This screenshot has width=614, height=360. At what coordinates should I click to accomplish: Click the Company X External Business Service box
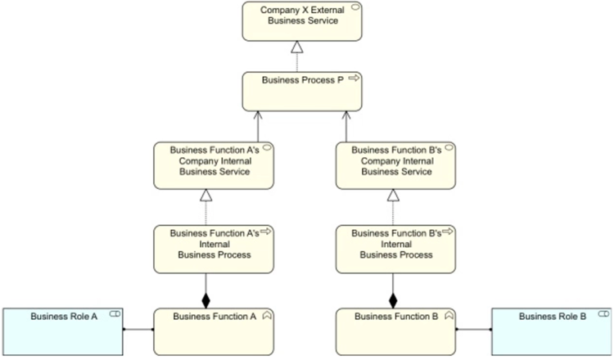click(301, 21)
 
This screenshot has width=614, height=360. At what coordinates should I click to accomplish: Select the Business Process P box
click(301, 92)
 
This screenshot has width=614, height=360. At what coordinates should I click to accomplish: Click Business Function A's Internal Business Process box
click(211, 249)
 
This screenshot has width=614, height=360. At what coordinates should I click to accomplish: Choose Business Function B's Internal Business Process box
click(393, 249)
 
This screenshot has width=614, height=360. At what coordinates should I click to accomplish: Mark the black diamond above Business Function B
click(393, 288)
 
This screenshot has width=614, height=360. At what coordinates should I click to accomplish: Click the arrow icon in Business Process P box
click(354, 79)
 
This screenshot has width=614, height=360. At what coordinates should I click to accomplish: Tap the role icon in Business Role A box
click(115, 315)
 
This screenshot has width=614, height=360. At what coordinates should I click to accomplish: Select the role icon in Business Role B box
click(603, 315)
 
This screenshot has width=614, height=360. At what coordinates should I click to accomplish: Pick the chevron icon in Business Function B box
click(449, 316)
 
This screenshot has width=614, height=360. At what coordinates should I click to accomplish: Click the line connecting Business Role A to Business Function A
click(138, 329)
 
